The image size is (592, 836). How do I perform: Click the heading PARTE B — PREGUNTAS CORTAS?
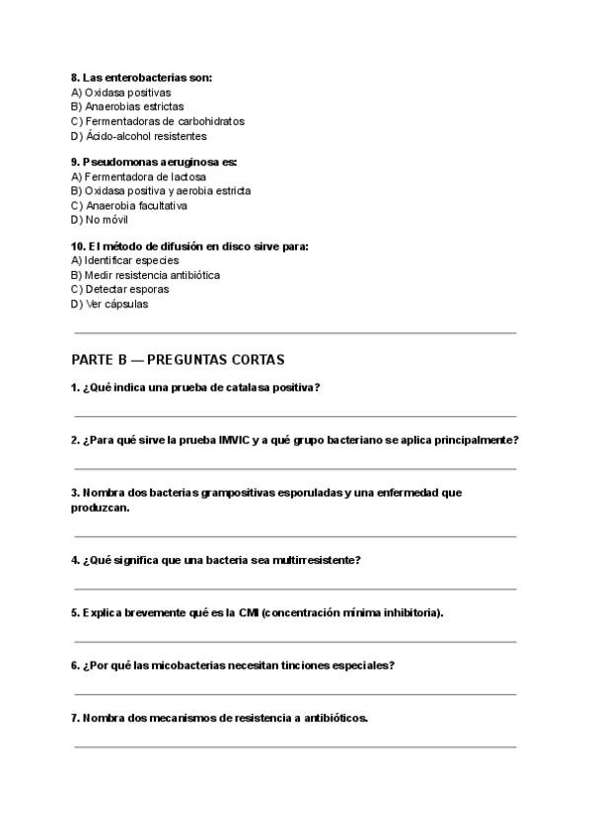[178, 360]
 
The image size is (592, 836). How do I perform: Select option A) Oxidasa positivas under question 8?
[120, 92]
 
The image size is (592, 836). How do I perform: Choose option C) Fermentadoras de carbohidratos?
[158, 121]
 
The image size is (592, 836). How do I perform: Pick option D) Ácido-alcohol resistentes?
[139, 136]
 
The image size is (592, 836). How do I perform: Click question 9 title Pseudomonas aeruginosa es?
[154, 162]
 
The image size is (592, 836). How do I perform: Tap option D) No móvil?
[100, 220]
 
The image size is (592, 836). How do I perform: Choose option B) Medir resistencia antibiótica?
[145, 275]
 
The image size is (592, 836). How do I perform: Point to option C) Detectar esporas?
[119, 290]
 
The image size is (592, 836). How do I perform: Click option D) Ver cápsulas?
[110, 305]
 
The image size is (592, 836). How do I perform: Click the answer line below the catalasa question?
[294, 417]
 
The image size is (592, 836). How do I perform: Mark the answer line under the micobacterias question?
[294, 694]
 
